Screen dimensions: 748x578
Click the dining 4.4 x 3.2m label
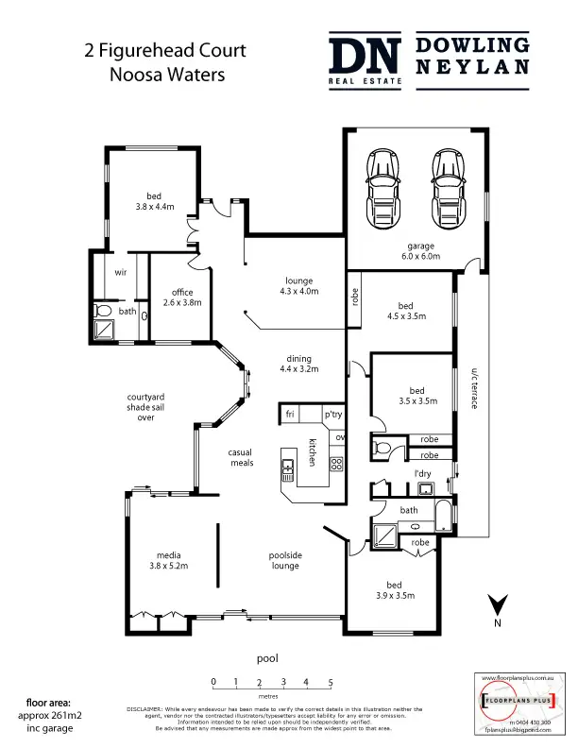click(x=299, y=364)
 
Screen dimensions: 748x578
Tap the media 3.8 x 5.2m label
click(x=169, y=560)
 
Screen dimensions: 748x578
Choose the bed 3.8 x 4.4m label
click(x=156, y=200)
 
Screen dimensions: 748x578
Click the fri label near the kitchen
click(x=291, y=415)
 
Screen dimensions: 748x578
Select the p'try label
click(x=332, y=415)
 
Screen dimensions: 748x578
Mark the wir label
click(x=120, y=271)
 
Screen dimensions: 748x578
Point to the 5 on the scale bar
click(x=331, y=681)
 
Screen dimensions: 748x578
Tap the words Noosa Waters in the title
click(x=153, y=75)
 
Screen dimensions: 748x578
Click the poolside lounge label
click(x=283, y=560)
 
